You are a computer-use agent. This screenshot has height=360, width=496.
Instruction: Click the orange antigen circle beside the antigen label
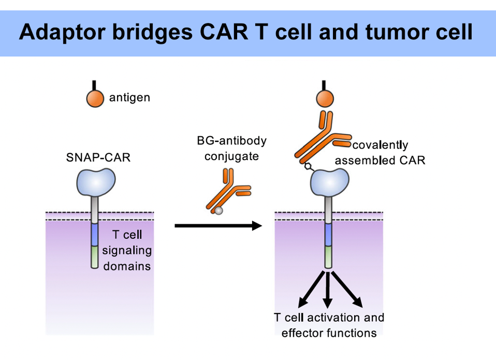coord(96,98)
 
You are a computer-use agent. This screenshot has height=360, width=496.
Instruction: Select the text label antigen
coord(129,97)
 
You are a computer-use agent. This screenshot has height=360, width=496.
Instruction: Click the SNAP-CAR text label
coord(98,157)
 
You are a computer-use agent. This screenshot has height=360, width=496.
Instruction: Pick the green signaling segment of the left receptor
coord(95,256)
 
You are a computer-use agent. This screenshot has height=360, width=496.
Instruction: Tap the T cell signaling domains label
coord(127,251)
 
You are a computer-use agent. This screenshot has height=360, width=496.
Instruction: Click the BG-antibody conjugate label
coord(231,148)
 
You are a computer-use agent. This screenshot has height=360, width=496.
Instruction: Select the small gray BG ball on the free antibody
coord(219,210)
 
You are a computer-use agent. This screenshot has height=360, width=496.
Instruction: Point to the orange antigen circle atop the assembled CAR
coord(325,98)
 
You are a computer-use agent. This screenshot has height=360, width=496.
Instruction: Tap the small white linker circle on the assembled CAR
coord(308,166)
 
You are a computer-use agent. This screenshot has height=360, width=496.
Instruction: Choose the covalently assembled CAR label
coord(380,152)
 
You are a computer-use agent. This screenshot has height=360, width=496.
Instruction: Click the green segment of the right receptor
coord(328,256)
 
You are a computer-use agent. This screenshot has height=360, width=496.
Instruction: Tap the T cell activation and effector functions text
coord(329,325)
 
